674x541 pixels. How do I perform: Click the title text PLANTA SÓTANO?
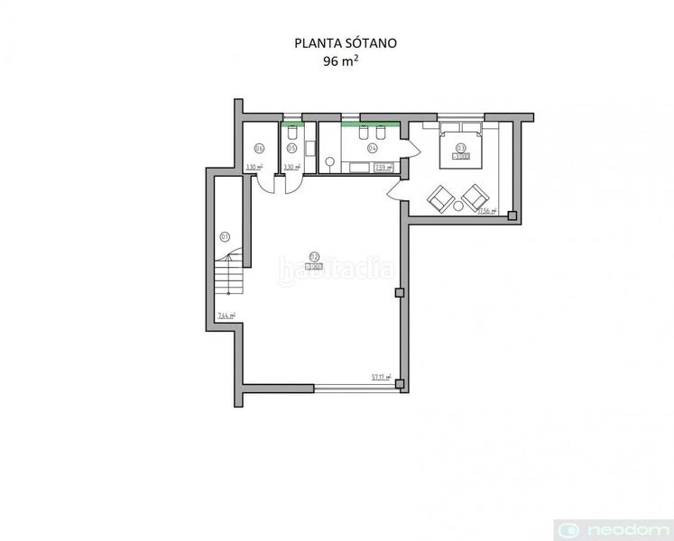(337, 42)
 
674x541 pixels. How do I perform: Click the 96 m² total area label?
(337, 61)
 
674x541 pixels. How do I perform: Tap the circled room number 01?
(225, 236)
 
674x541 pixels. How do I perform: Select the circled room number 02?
(314, 254)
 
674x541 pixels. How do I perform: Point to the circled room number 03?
(461, 147)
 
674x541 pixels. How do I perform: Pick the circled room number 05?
(291, 148)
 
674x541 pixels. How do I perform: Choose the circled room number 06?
(259, 148)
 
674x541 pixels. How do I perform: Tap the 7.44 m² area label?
(226, 316)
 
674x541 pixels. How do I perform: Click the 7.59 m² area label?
(382, 167)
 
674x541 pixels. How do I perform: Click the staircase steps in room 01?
(232, 275)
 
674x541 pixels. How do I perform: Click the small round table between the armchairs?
(458, 206)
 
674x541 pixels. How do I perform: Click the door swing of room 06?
(267, 183)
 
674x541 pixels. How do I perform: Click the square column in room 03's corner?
(512, 215)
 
